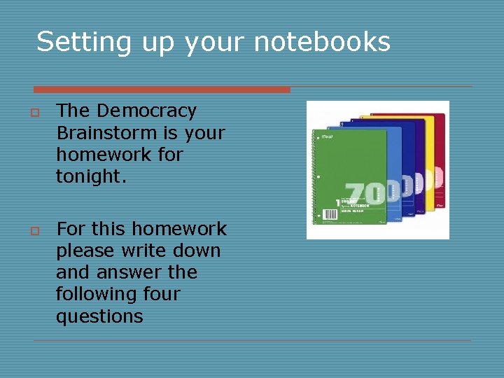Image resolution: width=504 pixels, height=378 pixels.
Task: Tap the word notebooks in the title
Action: tap(321, 43)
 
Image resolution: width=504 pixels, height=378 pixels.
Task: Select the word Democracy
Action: tap(147, 111)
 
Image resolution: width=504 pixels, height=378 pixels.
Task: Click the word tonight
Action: tap(92, 176)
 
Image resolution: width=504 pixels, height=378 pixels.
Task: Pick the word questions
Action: tap(99, 316)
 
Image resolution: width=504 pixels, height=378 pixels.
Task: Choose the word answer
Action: tap(126, 273)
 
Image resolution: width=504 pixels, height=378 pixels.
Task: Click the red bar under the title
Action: tap(162, 90)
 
